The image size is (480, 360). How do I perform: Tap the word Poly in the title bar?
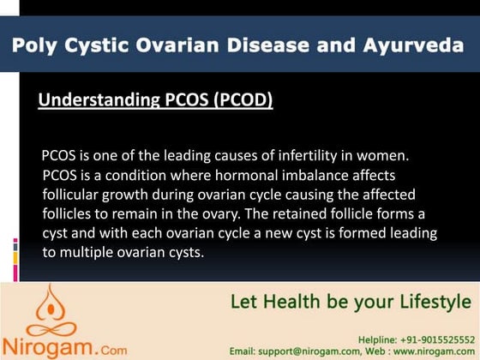point(34,45)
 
